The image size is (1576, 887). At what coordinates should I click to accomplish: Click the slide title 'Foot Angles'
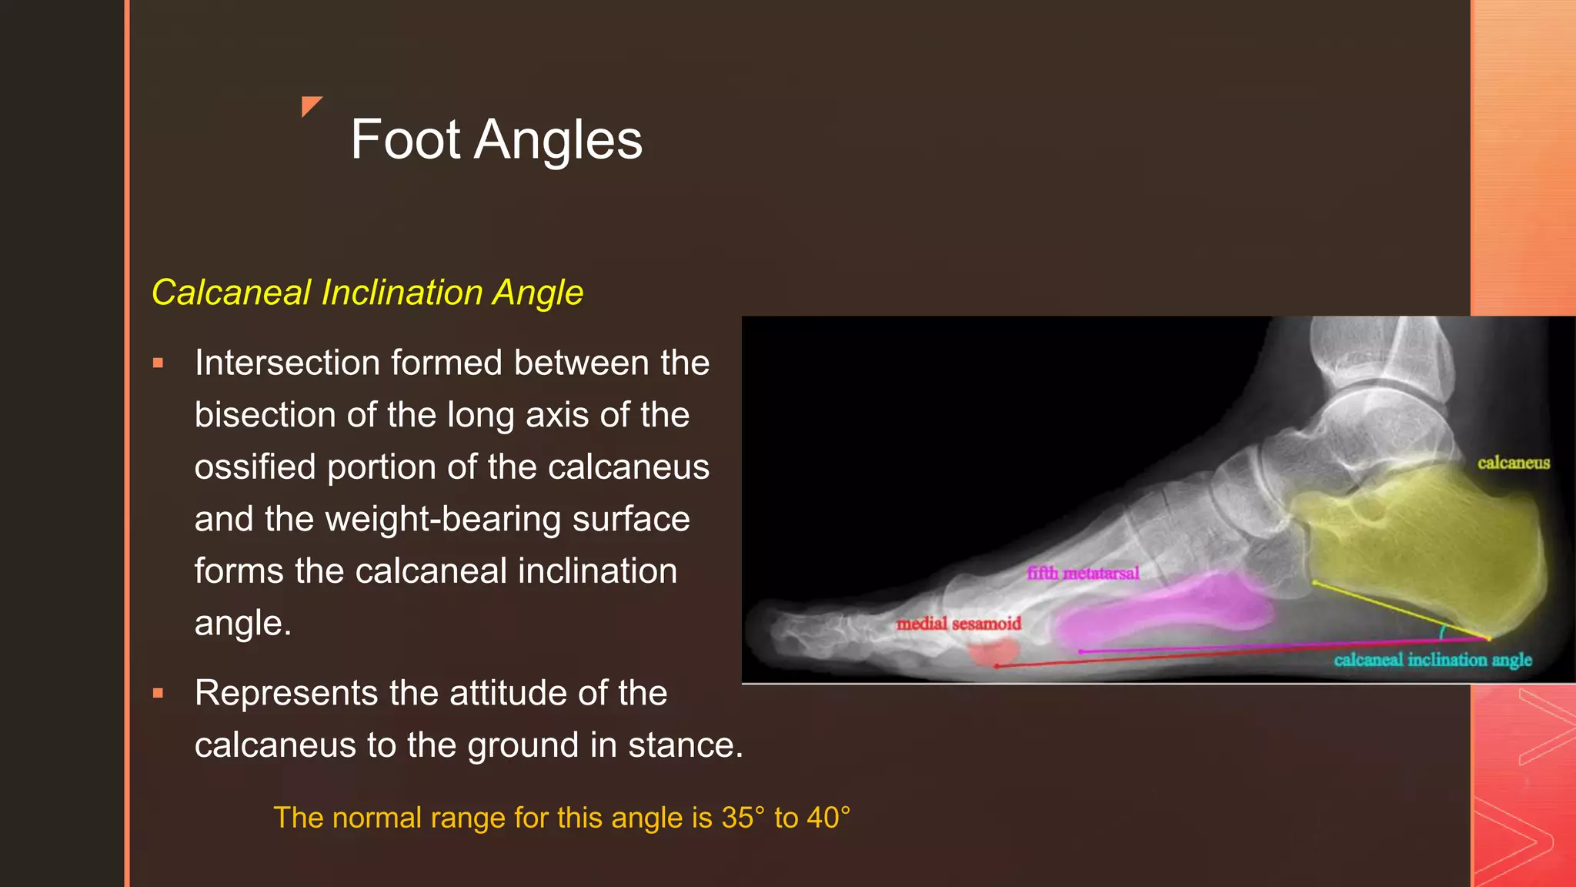pyautogui.click(x=496, y=140)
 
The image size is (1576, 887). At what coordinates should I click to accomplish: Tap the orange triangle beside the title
pyautogui.click(x=310, y=105)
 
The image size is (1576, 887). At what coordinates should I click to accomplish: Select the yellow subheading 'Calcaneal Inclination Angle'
pyautogui.click(x=367, y=293)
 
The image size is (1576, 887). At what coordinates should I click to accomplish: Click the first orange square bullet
pyautogui.click(x=159, y=363)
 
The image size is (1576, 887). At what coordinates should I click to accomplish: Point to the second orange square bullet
pyautogui.click(x=159, y=694)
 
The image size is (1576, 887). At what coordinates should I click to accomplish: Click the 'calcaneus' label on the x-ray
pyautogui.click(x=1513, y=463)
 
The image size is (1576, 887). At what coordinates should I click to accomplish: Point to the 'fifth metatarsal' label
pyautogui.click(x=1083, y=573)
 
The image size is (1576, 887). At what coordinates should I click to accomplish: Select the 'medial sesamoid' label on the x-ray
pyautogui.click(x=959, y=624)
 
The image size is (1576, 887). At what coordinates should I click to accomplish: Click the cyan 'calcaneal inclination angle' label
pyautogui.click(x=1433, y=660)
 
